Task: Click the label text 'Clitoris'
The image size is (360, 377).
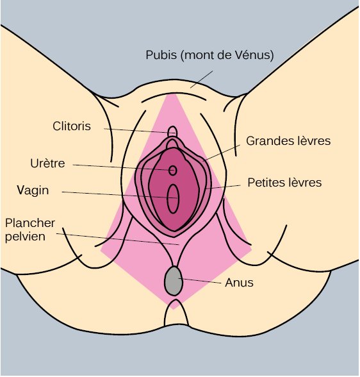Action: pos(72,126)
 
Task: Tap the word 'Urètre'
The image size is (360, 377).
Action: pos(47,163)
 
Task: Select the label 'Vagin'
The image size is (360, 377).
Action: pos(33,190)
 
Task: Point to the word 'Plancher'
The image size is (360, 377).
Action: pos(30,223)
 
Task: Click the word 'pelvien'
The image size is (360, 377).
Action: pos(25,237)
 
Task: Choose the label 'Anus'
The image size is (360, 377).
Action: pos(239,283)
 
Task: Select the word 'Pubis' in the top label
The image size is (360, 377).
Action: pos(161,55)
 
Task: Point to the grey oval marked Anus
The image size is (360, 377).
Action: pos(174,281)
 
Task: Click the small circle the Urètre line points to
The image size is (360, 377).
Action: pos(173,171)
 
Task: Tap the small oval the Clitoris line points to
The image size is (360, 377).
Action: pos(172,132)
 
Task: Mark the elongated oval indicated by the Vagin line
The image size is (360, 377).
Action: pos(173,199)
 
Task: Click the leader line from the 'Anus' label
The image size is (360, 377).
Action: pos(200,281)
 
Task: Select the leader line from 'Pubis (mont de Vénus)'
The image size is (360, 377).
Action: pos(202,80)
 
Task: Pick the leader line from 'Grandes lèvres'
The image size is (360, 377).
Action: pos(222,153)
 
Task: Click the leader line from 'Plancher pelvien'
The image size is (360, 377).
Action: pos(118,239)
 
